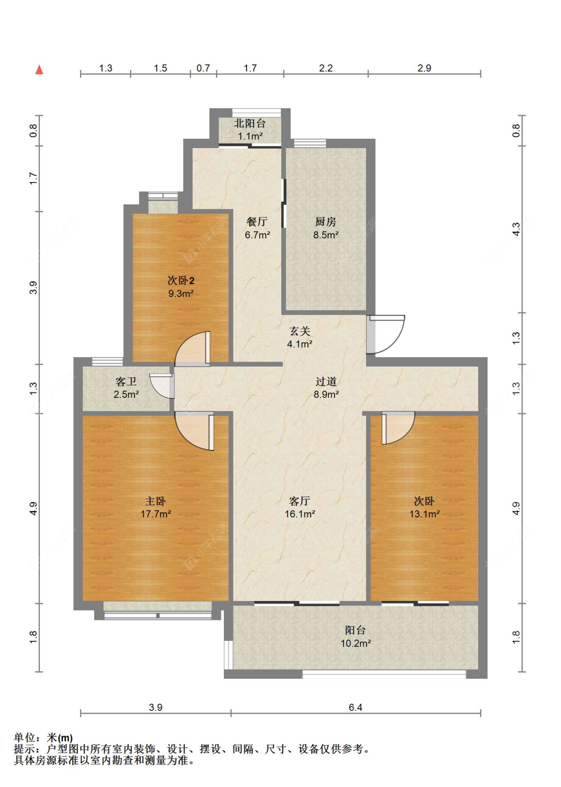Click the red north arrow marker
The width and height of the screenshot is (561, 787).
click(39, 70)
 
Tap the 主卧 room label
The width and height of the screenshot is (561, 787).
click(155, 501)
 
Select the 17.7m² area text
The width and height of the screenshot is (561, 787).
click(155, 514)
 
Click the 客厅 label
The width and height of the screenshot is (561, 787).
click(299, 501)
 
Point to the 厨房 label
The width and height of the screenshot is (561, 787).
click(326, 221)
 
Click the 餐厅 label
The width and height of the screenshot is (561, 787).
click(257, 221)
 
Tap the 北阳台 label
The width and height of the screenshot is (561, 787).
click(250, 123)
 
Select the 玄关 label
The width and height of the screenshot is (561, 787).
click(300, 331)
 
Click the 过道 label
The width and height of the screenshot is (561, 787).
click(326, 381)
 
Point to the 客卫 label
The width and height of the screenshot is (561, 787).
click(126, 381)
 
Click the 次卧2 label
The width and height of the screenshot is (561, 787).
click(181, 280)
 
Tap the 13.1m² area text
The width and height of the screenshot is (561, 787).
click(424, 514)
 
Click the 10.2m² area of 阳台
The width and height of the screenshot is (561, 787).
click(355, 643)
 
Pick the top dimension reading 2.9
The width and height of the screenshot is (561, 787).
click(424, 68)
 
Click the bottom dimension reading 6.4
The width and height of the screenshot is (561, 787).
click(355, 707)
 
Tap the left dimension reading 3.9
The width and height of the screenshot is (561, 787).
click(33, 288)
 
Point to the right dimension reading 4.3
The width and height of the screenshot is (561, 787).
click(516, 229)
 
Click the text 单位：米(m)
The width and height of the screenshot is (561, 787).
click(43, 738)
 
